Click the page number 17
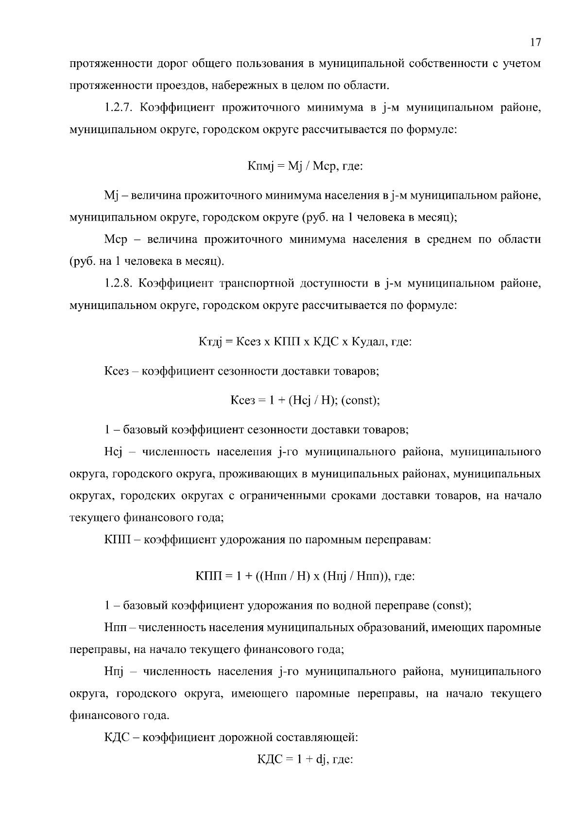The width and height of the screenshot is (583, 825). [535, 42]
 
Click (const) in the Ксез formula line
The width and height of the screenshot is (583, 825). [360, 400]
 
